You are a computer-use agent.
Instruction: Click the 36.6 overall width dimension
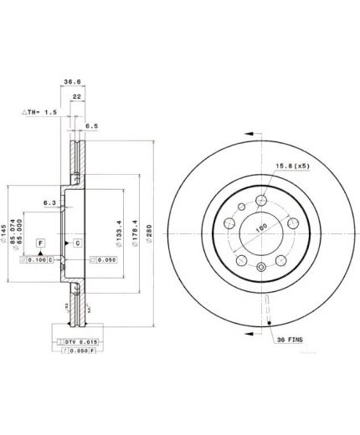(73, 83)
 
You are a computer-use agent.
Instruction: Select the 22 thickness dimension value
(75, 98)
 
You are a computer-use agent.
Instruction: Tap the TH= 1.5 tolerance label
(39, 111)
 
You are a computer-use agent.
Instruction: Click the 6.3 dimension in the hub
(49, 202)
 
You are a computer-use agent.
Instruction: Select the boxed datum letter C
(77, 243)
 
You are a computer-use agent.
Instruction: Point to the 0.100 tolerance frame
(37, 260)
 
